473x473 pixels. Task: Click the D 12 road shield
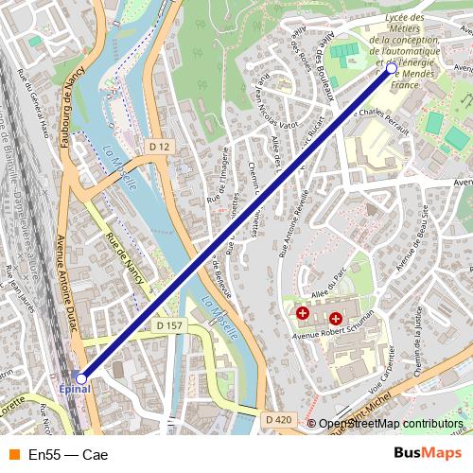click(x=159, y=147)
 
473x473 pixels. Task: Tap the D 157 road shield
click(x=168, y=325)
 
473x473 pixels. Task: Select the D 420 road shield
click(x=277, y=419)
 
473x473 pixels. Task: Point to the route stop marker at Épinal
click(x=81, y=377)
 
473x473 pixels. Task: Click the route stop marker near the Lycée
click(x=392, y=68)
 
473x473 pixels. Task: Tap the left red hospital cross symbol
click(x=303, y=312)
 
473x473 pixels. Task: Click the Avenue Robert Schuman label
click(x=334, y=332)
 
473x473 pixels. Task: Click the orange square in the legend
click(x=13, y=455)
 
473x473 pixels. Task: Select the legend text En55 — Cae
click(x=68, y=455)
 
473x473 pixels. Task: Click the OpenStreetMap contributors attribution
click(x=390, y=424)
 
